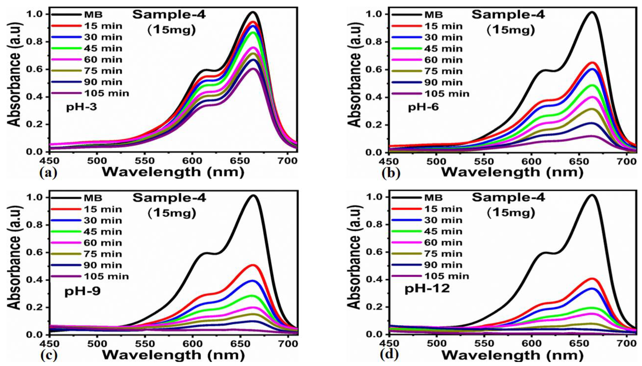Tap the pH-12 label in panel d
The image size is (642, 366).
[x=427, y=289]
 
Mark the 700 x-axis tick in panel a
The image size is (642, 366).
[x=288, y=161]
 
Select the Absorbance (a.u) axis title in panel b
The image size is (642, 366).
[x=354, y=75]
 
